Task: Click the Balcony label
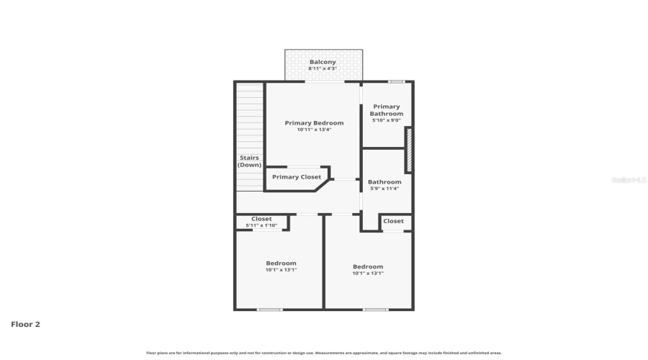pyautogui.click(x=323, y=62)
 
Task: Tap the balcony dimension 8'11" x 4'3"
pyautogui.click(x=323, y=69)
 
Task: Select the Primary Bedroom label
pyautogui.click(x=314, y=123)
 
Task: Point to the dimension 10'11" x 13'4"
pyautogui.click(x=314, y=130)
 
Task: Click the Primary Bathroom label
pyautogui.click(x=387, y=110)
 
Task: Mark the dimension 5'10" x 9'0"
pyautogui.click(x=387, y=120)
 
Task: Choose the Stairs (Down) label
pyautogui.click(x=249, y=161)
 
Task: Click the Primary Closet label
pyautogui.click(x=297, y=177)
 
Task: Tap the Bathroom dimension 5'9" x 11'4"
pyautogui.click(x=384, y=189)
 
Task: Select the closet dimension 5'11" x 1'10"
pyautogui.click(x=261, y=225)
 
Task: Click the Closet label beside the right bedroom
pyautogui.click(x=393, y=221)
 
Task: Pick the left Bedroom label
pyautogui.click(x=281, y=264)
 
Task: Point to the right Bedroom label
pyautogui.click(x=368, y=267)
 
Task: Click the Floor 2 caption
pyautogui.click(x=25, y=324)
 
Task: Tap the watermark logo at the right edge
pyautogui.click(x=629, y=180)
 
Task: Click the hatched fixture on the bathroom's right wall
pyautogui.click(x=409, y=150)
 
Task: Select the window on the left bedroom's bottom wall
pyautogui.click(x=270, y=310)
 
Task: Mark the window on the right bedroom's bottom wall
pyautogui.click(x=375, y=310)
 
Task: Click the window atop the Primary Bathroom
pyautogui.click(x=397, y=81)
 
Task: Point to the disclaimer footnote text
pyautogui.click(x=324, y=353)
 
